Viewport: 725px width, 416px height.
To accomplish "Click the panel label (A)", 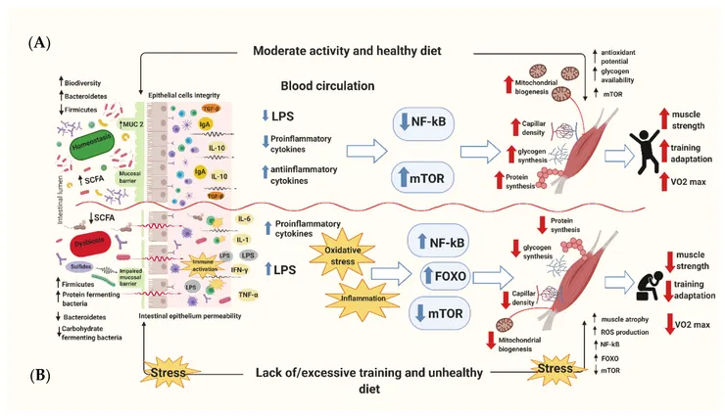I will click(39, 42).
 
